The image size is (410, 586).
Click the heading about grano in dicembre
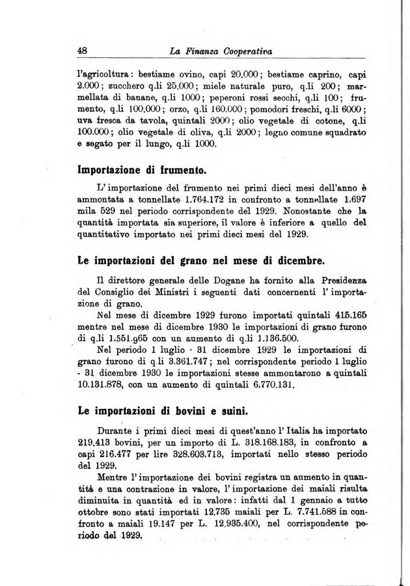[201, 262]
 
